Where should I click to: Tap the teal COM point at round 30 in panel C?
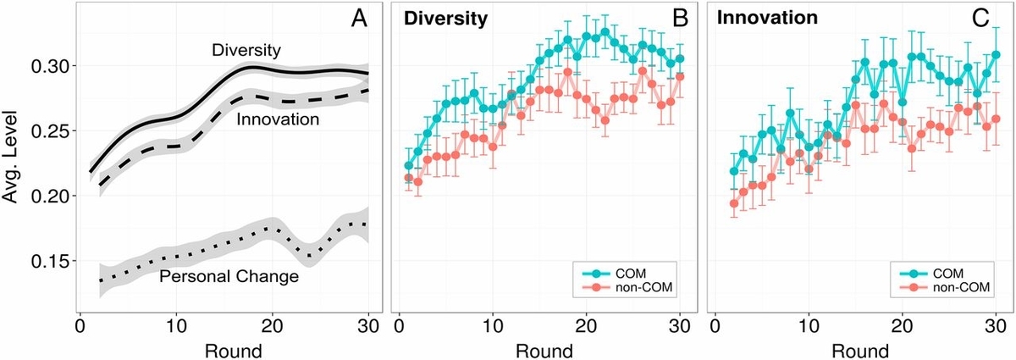[996, 54]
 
